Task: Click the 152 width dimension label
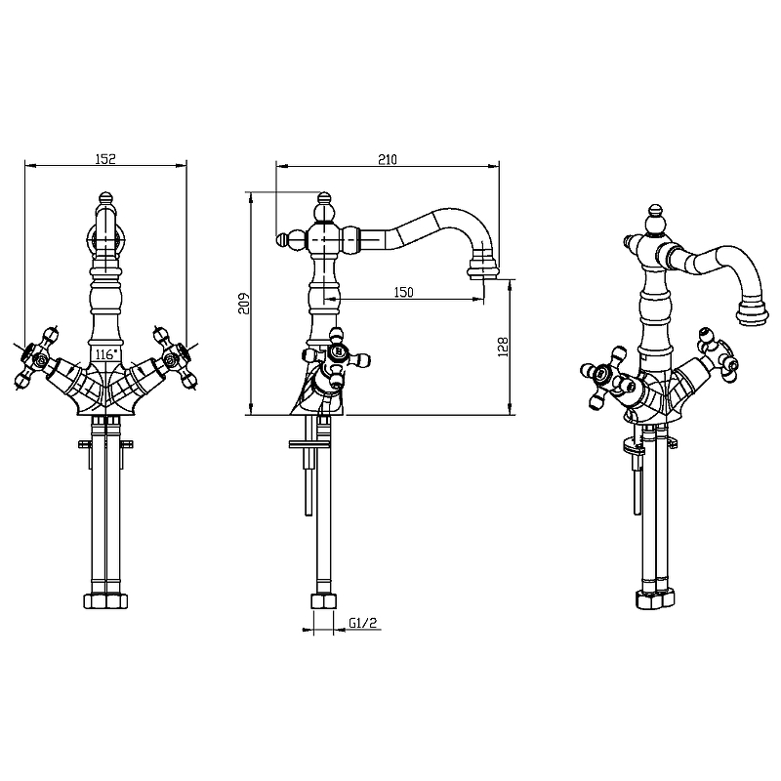tap(105, 158)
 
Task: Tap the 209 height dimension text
tap(243, 303)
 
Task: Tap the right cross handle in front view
tap(173, 360)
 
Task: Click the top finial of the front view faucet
tap(106, 203)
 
